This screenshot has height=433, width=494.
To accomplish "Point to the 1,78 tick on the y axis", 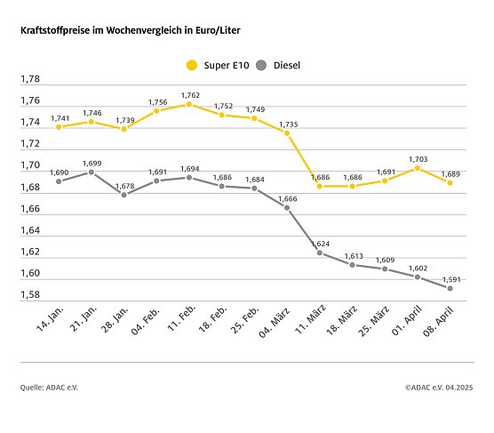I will tap(31, 79).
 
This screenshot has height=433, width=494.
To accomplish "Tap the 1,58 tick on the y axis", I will tap(31, 295).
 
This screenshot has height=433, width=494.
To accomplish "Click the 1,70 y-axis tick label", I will tap(31, 165).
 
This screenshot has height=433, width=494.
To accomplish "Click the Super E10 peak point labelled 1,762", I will tap(189, 104).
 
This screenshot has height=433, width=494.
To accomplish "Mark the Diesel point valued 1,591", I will tap(450, 288).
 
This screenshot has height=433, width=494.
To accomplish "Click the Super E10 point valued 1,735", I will tap(285, 132).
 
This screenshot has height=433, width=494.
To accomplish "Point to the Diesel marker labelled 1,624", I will tap(319, 253).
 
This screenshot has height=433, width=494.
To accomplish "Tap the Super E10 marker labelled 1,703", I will tap(418, 167).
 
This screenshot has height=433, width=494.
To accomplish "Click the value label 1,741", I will tap(60, 117).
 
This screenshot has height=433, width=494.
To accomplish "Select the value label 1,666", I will tap(288, 197).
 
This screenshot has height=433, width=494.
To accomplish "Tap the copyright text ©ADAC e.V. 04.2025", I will tap(439, 387).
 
